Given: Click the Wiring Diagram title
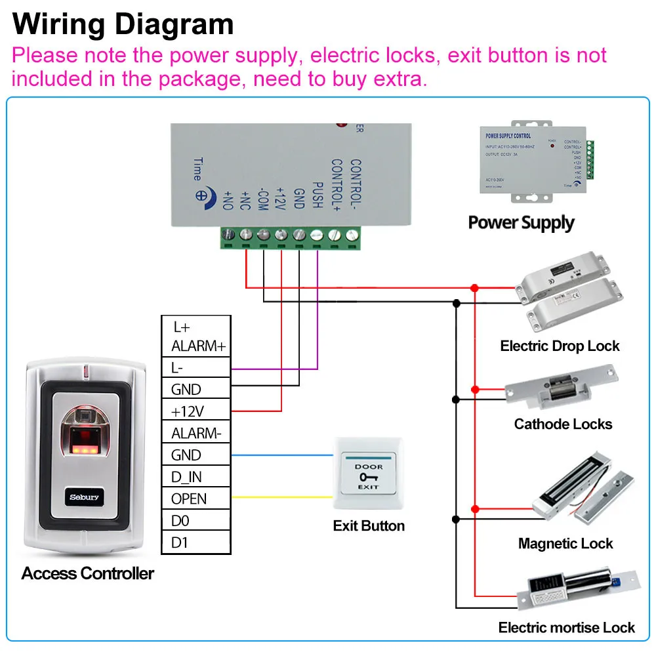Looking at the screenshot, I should point(123,24).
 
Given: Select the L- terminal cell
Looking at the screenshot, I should point(195,368).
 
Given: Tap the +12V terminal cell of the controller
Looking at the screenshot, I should point(195,411).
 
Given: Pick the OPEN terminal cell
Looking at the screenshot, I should point(195,499).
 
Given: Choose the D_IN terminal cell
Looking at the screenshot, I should point(195,477).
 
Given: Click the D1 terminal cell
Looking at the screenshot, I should point(195,543).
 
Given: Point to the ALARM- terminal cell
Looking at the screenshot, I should point(195,433).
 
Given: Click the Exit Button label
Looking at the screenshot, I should point(369,526).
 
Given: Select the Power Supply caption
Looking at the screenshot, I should point(521,222).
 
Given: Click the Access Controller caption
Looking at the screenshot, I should point(87,573).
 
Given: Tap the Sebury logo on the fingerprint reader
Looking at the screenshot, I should point(85,497).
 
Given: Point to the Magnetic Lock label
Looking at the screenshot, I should point(565,544).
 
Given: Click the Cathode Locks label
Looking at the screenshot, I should point(563,424).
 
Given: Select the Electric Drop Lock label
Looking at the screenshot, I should point(560,346).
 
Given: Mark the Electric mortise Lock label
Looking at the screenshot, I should point(566,628).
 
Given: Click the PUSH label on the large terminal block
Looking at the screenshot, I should point(317,195).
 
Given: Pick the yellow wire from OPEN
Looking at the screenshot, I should point(282,497).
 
